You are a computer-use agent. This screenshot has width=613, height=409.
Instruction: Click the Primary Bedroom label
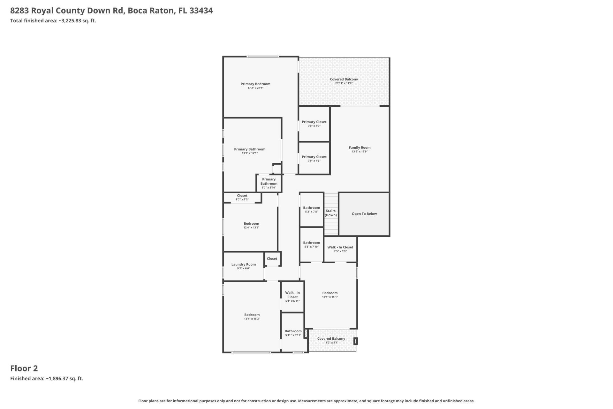pyautogui.click(x=255, y=84)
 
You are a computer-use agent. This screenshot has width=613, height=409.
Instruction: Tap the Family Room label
pyautogui.click(x=359, y=148)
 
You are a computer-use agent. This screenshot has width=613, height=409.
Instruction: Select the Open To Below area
pyautogui.click(x=364, y=214)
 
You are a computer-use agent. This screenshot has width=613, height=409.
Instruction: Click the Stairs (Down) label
pyautogui.click(x=331, y=213)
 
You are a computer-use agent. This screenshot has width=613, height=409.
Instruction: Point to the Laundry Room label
pyautogui.click(x=243, y=265)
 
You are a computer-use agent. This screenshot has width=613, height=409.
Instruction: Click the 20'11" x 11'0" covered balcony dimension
pyautogui.click(x=344, y=83)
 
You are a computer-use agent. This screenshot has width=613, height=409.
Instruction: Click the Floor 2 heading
pyautogui.click(x=24, y=368)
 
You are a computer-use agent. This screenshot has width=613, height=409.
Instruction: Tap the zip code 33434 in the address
pyautogui.click(x=201, y=11)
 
